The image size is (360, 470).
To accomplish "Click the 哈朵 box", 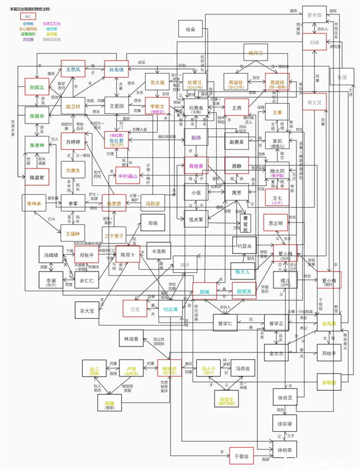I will [191, 29].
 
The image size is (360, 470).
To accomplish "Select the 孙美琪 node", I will [116, 69].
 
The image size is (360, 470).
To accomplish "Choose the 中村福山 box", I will [127, 176].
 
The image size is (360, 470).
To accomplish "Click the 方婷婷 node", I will [73, 143].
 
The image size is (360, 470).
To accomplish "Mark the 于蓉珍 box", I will [244, 456].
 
